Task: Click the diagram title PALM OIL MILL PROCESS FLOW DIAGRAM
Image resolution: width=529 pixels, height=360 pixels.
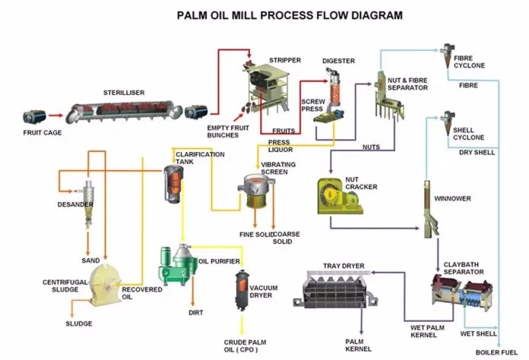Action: [290, 15]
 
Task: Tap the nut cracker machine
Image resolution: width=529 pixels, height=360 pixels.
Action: [340, 196]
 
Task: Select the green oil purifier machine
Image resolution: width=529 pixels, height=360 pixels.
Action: [177, 265]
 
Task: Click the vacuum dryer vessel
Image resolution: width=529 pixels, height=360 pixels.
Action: [241, 290]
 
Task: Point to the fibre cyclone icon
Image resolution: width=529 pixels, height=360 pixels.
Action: [448, 55]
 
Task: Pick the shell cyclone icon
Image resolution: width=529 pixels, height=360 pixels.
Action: [448, 123]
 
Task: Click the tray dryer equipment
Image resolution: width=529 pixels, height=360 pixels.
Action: [335, 289]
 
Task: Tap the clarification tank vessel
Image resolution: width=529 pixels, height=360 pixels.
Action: [174, 184]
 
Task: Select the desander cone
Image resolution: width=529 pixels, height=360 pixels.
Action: [88, 204]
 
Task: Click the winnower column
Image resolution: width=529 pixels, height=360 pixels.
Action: [430, 209]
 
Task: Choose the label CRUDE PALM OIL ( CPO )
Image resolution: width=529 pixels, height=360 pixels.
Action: [245, 346]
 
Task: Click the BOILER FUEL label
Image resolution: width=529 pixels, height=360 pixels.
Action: [496, 352]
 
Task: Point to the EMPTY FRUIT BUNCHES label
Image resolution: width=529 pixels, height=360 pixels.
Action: [228, 131]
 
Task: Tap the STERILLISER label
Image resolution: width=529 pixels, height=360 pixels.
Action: [124, 93]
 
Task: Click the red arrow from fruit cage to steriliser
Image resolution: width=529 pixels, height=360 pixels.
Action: [55, 115]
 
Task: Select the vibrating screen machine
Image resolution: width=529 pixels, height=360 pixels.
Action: [255, 191]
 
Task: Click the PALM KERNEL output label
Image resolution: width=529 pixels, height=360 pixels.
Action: [358, 345]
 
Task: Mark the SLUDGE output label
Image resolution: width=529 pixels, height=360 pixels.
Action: [79, 324]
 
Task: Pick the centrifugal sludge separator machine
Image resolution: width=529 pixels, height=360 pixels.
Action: [106, 285]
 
